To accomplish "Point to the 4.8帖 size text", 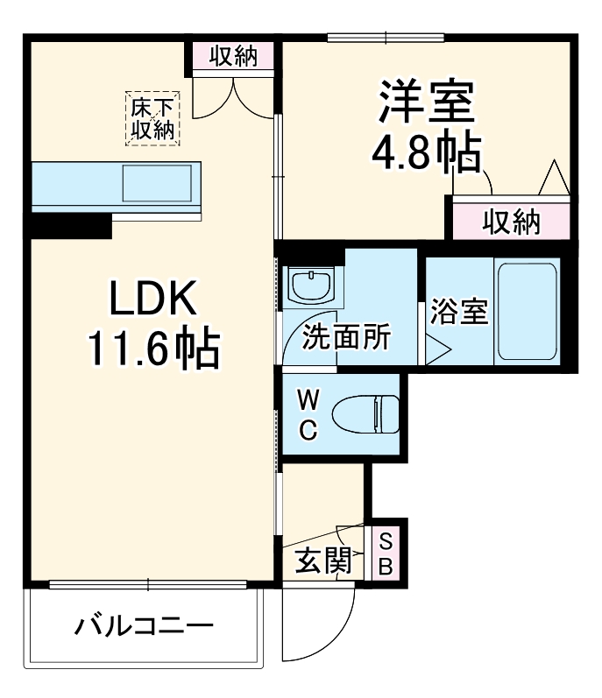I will click(427, 154).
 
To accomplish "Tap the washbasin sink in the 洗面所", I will click(309, 284).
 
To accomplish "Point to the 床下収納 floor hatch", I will click(152, 118).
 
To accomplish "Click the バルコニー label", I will click(144, 627).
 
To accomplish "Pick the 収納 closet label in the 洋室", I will click(511, 222).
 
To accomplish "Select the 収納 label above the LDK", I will click(234, 56).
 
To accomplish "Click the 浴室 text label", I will click(458, 313).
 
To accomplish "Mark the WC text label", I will click(308, 414).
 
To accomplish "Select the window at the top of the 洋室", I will click(386, 37).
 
